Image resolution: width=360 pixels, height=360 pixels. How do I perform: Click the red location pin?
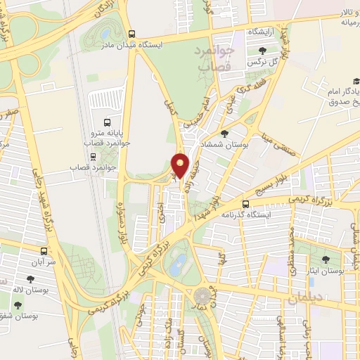181,165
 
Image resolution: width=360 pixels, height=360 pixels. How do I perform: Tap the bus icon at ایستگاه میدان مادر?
132,34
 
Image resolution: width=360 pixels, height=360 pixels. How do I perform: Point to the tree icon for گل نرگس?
263,50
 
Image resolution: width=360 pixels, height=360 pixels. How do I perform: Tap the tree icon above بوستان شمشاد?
224,133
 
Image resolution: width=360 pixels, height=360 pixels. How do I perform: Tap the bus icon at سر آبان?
44,250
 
